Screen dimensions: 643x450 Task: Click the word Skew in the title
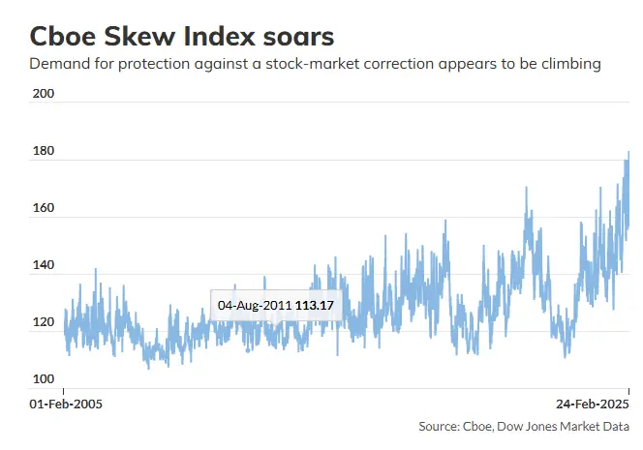pyautogui.click(x=139, y=36)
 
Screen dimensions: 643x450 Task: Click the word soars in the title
pyautogui.click(x=298, y=37)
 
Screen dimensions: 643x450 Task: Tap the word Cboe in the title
pyautogui.click(x=63, y=36)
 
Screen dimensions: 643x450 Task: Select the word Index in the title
pyautogui.click(x=219, y=36)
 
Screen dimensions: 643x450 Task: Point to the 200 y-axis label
pyautogui.click(x=44, y=94)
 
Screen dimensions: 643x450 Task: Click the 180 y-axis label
pyautogui.click(x=44, y=151)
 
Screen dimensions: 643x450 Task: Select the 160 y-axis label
pyautogui.click(x=44, y=208)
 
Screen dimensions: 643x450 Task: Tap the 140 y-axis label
pyautogui.click(x=44, y=265)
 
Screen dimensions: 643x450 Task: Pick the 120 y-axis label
pyautogui.click(x=44, y=321)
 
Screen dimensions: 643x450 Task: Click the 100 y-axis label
pyautogui.click(x=44, y=378)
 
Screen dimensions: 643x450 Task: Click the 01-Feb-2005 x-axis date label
pyautogui.click(x=66, y=405)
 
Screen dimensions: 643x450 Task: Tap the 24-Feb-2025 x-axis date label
pyautogui.click(x=593, y=405)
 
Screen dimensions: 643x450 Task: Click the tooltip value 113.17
pyautogui.click(x=315, y=306)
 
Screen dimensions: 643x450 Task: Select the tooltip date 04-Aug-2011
pyautogui.click(x=255, y=306)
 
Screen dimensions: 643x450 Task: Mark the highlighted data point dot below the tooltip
pyautogui.click(x=248, y=350)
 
